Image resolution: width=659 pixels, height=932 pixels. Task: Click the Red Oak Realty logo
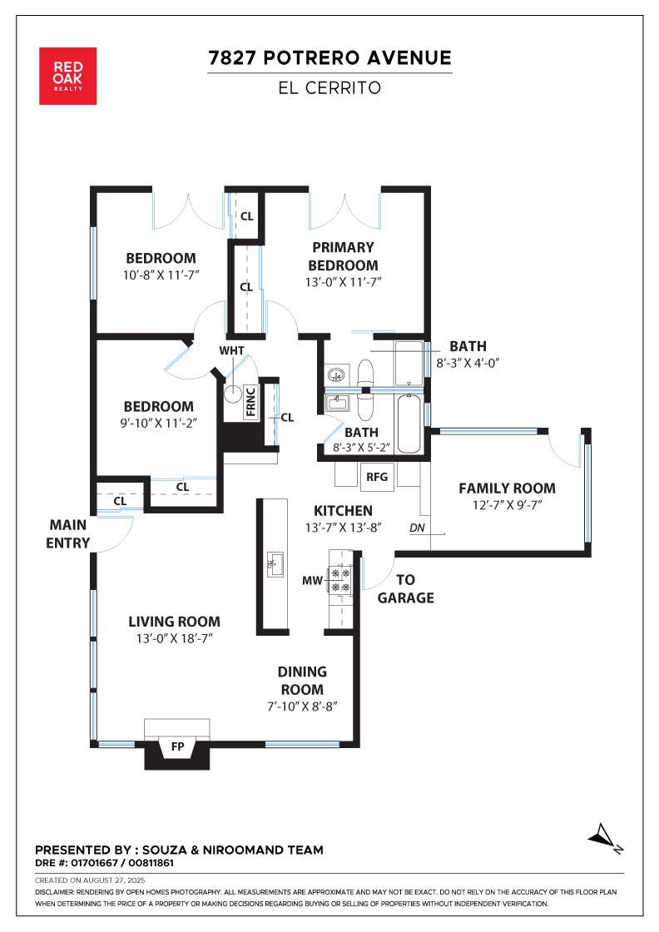tap(67, 76)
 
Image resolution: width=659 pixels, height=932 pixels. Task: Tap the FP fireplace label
tap(178, 746)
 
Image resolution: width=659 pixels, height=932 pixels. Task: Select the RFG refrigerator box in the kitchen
tap(377, 477)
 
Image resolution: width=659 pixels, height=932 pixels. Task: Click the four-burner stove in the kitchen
tap(341, 579)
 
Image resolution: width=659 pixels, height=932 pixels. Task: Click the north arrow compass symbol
tap(606, 838)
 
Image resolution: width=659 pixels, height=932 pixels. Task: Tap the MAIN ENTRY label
tap(67, 533)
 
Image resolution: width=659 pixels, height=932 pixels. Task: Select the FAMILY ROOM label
tap(507, 488)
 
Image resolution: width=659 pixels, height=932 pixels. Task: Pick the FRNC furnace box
tap(250, 403)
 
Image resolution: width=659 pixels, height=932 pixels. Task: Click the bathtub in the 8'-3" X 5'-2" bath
tap(409, 423)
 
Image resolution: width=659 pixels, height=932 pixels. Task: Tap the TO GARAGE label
tap(406, 588)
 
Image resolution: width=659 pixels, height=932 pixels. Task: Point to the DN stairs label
tap(417, 528)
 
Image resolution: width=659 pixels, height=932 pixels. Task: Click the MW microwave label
tap(312, 580)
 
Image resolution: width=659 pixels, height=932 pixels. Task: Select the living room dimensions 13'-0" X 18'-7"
tap(174, 638)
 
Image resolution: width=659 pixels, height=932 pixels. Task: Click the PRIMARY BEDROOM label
tap(343, 256)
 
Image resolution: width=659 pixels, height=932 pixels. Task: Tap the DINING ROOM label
tap(302, 681)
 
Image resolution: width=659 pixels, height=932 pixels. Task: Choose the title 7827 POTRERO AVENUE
tap(329, 57)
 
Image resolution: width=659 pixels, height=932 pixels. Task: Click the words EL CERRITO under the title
tap(329, 88)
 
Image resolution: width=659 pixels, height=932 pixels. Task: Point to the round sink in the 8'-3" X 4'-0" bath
tap(336, 374)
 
